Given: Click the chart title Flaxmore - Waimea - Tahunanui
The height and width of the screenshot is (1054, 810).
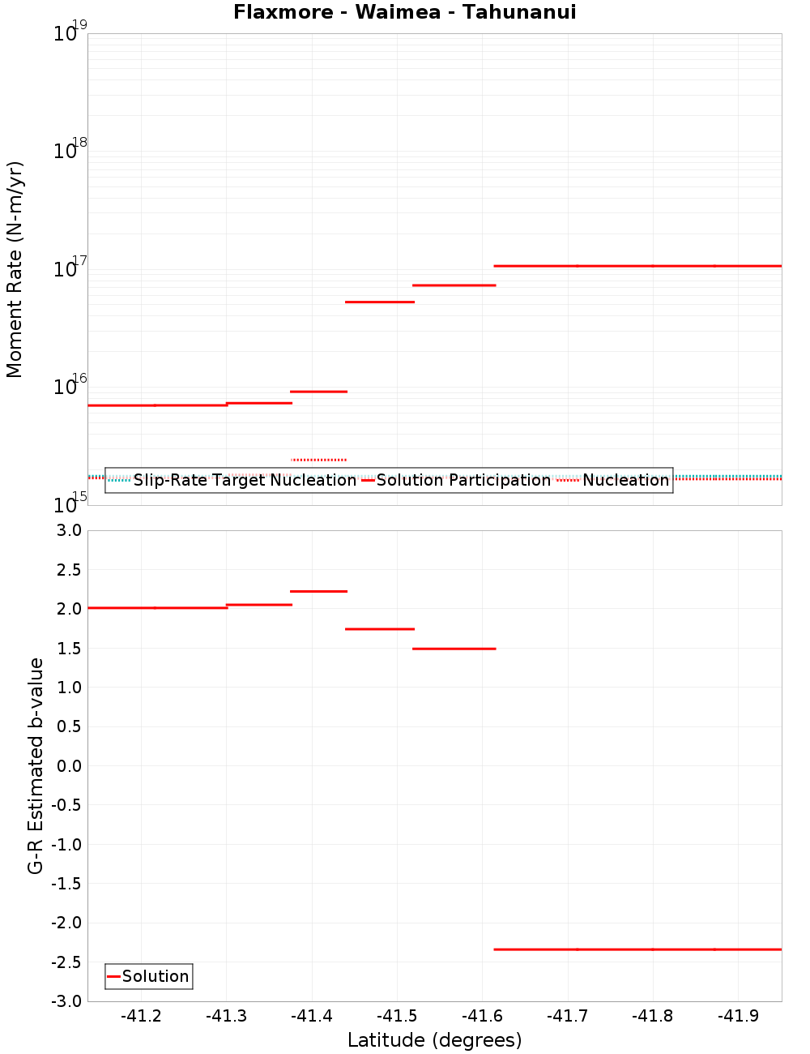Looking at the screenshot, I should point(404,12).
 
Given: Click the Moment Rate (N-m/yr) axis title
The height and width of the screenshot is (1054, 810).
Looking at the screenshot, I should point(15,269).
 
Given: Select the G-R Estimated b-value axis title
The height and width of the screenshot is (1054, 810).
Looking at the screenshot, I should point(36,765).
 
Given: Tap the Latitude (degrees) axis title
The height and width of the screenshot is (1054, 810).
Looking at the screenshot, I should point(434,1040).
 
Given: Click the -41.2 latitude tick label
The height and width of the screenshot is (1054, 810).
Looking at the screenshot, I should point(141,1016).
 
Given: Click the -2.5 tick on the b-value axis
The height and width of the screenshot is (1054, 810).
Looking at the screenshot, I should point(64,962).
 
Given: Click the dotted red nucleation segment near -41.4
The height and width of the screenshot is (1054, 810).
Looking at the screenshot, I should point(319,460).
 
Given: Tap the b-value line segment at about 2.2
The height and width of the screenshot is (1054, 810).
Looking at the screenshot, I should point(319,591).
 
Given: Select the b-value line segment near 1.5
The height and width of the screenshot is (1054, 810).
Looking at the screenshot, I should point(454,649).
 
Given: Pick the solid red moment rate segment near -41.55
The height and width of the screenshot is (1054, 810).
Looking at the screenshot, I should point(454,285).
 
